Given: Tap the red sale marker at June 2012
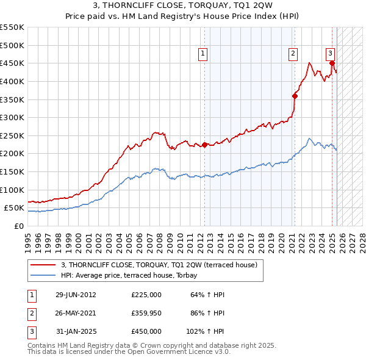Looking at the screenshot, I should click(205, 145).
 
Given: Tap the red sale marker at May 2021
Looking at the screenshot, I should click(295, 95).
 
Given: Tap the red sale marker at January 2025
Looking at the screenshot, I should click(332, 62).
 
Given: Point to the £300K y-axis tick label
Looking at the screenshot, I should click(12, 117).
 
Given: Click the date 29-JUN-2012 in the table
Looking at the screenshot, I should click(76, 295).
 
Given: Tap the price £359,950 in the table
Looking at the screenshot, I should click(146, 313).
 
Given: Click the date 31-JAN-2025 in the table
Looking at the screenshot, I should click(76, 331).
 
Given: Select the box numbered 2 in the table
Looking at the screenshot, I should click(31, 313).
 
